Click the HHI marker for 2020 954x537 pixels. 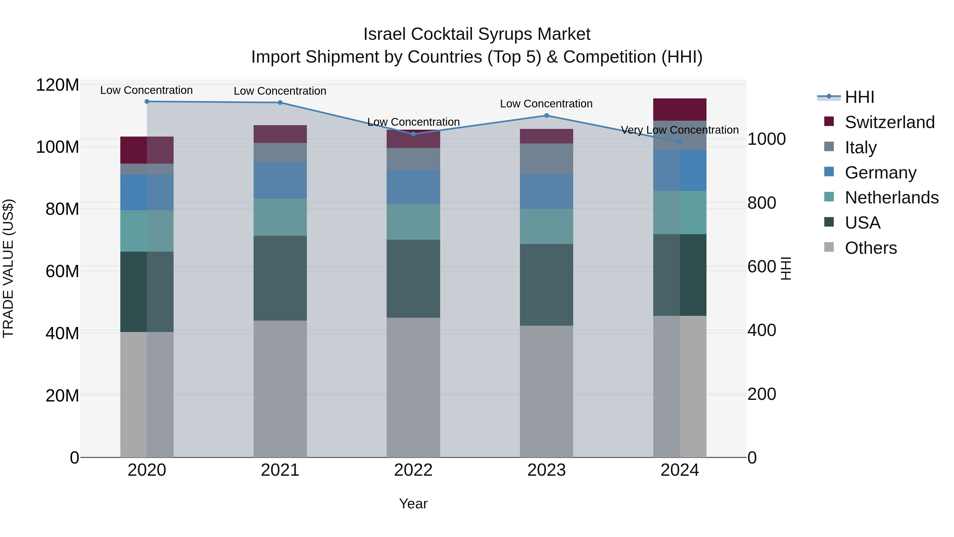point(147,101)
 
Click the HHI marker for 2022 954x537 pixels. point(413,134)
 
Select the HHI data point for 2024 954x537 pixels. point(679,142)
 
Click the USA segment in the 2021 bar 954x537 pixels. point(280,278)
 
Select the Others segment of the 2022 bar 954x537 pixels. point(413,387)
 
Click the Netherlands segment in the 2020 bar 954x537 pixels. point(147,231)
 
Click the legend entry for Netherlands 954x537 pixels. point(891,198)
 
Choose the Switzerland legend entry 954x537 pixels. point(890,122)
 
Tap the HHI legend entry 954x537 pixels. point(859,97)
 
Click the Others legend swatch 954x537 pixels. point(829,247)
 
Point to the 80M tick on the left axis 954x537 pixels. point(62,209)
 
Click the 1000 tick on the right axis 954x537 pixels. point(766,139)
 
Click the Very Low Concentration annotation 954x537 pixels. point(679,130)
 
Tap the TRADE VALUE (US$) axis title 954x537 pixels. point(8,268)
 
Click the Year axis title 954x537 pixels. point(413,504)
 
